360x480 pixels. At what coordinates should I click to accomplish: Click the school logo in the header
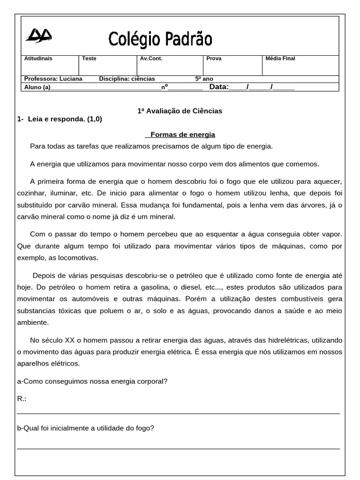coord(38,35)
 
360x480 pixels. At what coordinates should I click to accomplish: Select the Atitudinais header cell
coord(38,59)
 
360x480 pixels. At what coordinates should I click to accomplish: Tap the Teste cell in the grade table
coord(89,59)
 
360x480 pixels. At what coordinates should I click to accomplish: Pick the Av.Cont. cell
coord(151,59)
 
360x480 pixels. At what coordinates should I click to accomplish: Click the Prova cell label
coord(214,59)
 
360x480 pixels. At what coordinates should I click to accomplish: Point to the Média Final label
coord(280,59)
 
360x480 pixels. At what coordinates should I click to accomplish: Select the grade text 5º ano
coord(204,79)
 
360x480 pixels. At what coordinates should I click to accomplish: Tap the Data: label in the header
coord(219,87)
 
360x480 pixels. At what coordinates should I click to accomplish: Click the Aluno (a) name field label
coord(37,87)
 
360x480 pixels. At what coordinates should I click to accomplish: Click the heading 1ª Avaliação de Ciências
coord(180,111)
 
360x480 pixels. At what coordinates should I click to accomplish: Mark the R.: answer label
coord(22,398)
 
